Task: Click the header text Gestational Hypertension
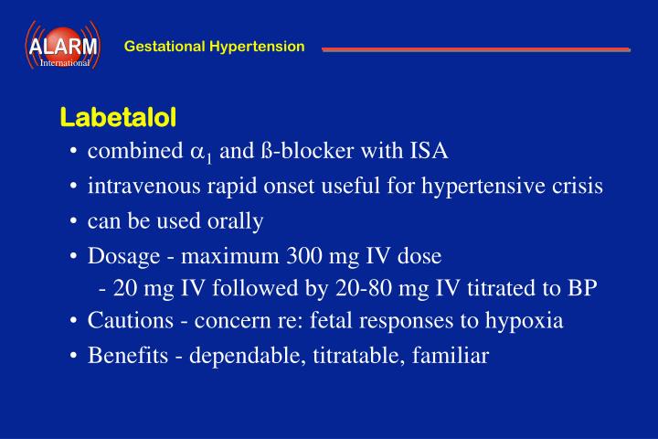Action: click(x=214, y=46)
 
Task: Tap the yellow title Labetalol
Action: click(x=118, y=118)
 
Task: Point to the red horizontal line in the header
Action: click(x=475, y=48)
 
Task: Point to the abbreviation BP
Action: click(x=581, y=288)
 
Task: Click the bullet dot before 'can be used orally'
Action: click(x=72, y=221)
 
